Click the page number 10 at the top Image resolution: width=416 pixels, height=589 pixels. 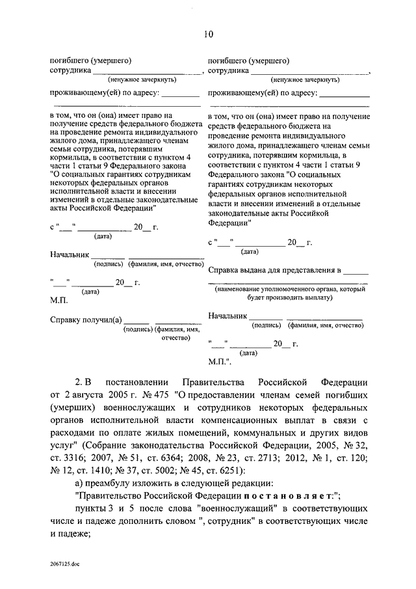207,33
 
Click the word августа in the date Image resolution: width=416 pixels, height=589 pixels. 92,394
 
